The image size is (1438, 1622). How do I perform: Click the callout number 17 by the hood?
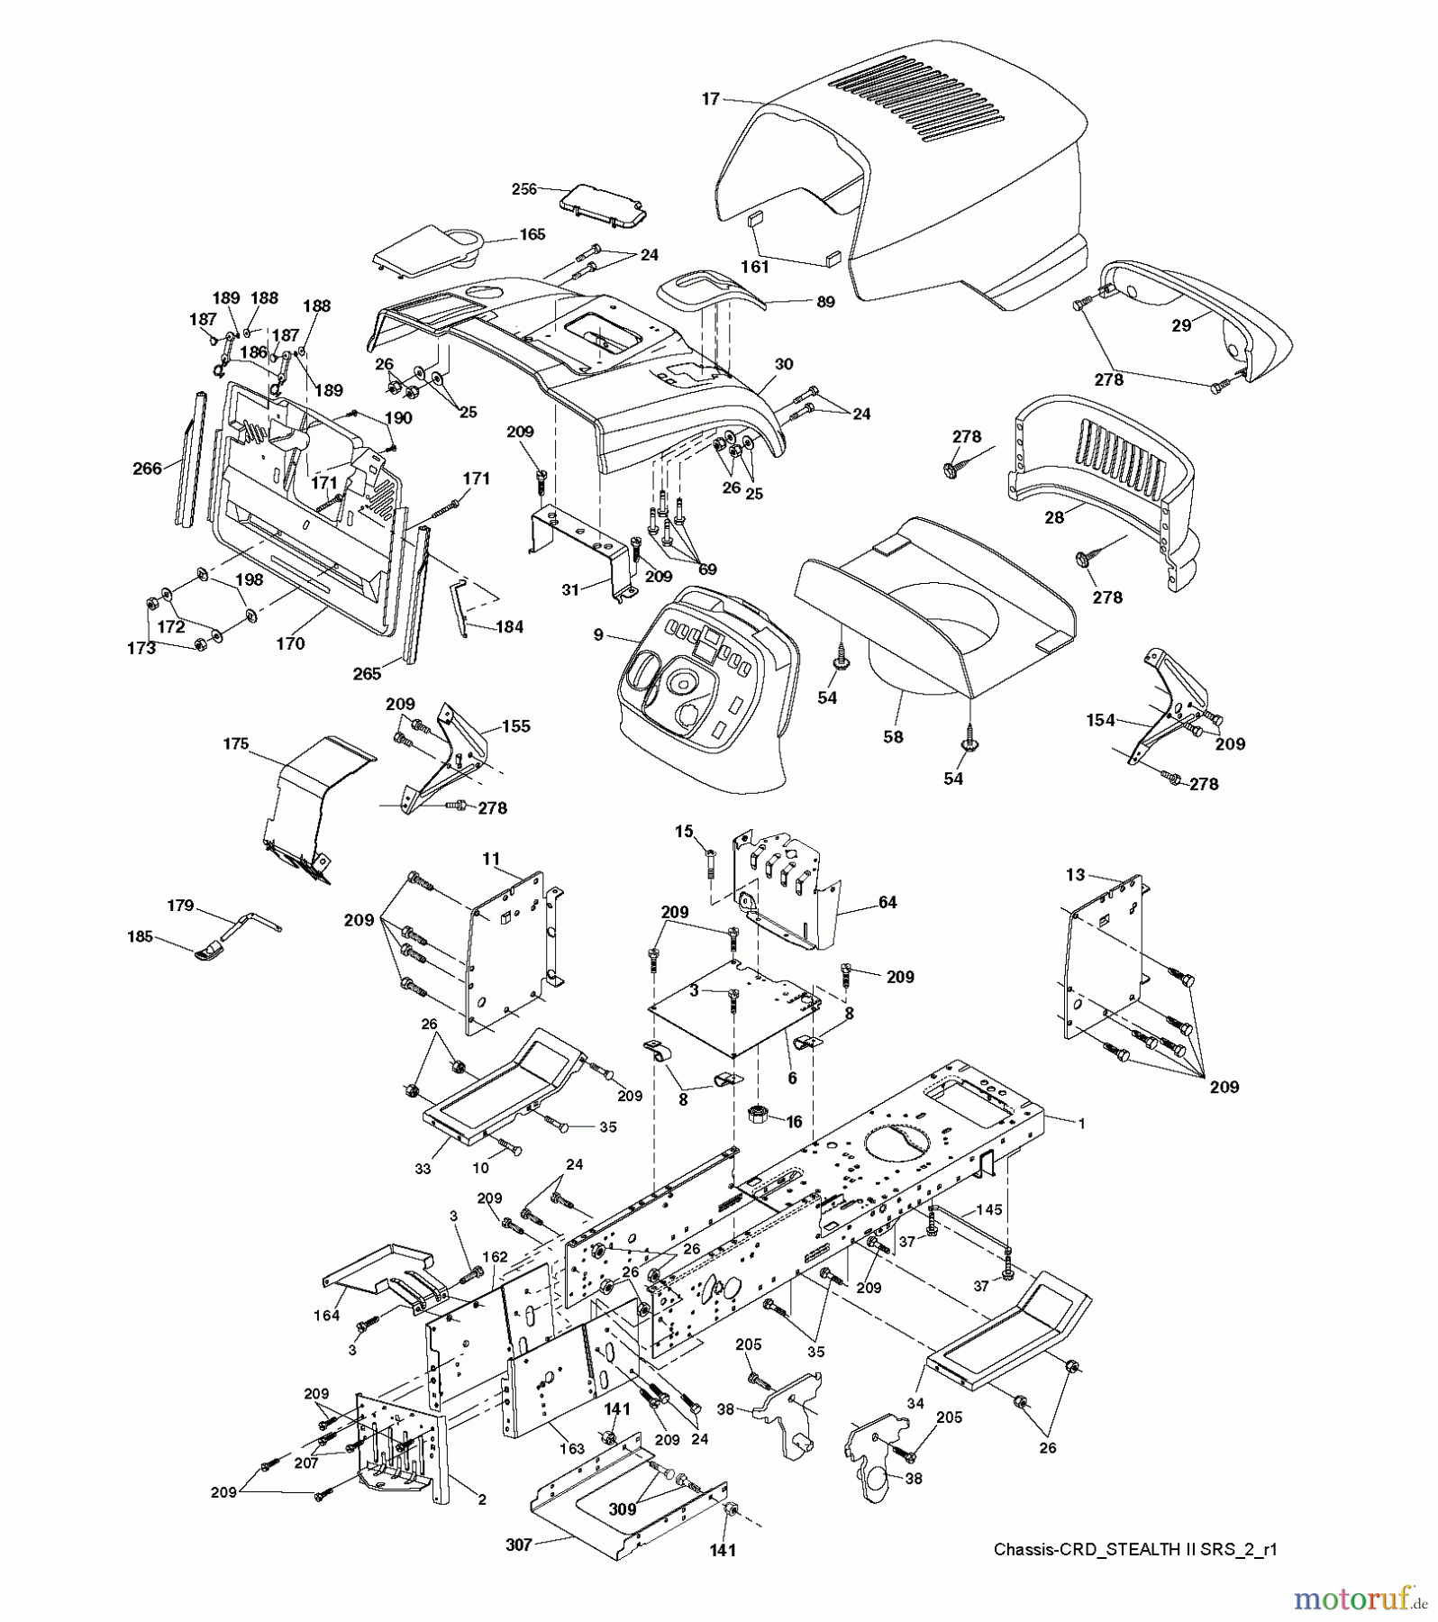pyautogui.click(x=711, y=99)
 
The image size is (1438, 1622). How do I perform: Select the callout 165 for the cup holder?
pyautogui.click(x=532, y=234)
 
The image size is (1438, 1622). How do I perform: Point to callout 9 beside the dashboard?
pyautogui.click(x=598, y=634)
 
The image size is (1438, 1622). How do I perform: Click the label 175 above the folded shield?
pyautogui.click(x=235, y=744)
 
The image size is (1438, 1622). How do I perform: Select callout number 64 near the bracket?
pyautogui.click(x=887, y=903)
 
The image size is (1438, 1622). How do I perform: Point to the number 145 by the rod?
pyautogui.click(x=988, y=1210)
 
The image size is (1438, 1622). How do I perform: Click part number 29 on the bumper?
pyautogui.click(x=1181, y=325)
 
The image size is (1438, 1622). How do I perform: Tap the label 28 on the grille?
pyautogui.click(x=1053, y=517)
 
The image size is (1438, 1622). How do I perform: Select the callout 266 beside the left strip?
pyautogui.click(x=147, y=468)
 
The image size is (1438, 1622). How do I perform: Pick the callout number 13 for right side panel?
pyautogui.click(x=1075, y=875)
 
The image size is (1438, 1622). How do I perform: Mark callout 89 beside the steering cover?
pyautogui.click(x=824, y=302)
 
